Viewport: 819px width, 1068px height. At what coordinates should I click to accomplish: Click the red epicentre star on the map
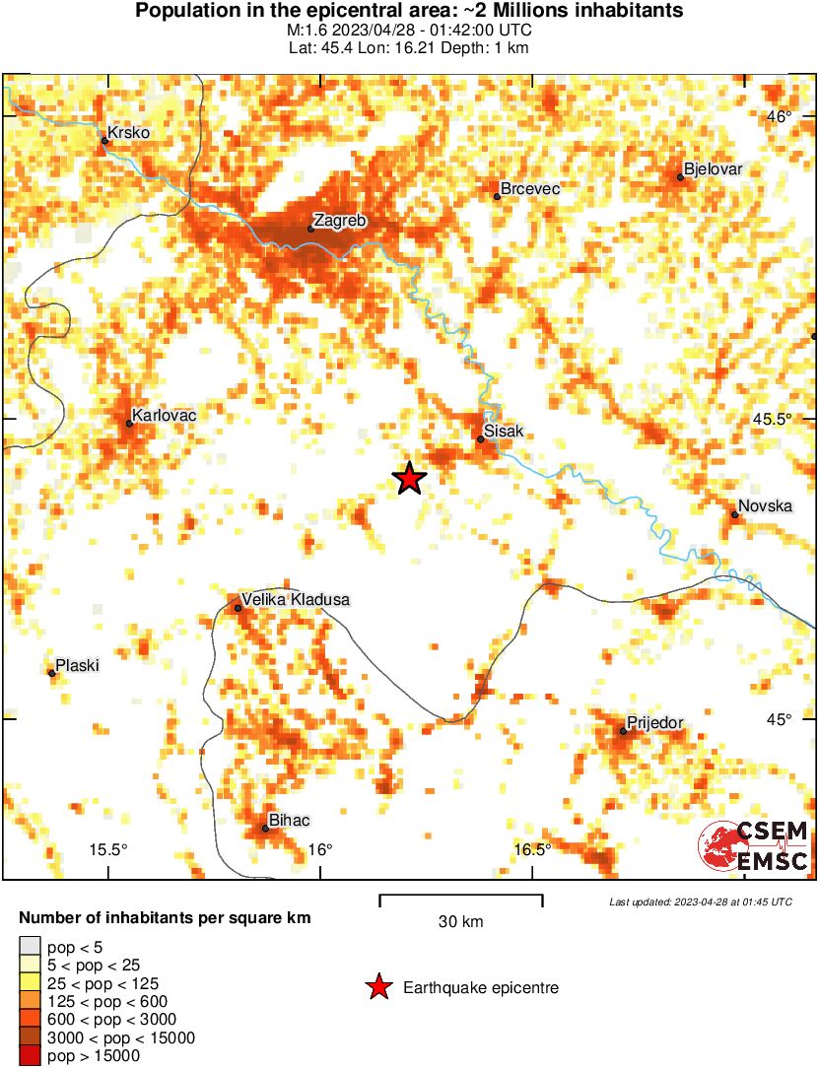pyautogui.click(x=409, y=479)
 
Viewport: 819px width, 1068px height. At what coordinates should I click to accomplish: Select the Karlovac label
pyautogui.click(x=165, y=416)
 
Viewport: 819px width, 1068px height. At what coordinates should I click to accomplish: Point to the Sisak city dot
pyautogui.click(x=480, y=439)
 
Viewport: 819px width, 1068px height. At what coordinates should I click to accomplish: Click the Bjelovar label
pyautogui.click(x=713, y=169)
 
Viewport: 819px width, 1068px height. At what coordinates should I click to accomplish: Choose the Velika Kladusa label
pyautogui.click(x=296, y=599)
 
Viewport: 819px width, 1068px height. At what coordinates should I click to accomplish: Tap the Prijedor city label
pyautogui.click(x=655, y=723)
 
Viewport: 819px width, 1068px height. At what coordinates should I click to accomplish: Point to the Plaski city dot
pyautogui.click(x=51, y=673)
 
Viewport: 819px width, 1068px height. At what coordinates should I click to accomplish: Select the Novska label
pyautogui.click(x=766, y=506)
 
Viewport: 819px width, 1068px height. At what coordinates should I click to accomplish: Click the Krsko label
pyautogui.click(x=128, y=132)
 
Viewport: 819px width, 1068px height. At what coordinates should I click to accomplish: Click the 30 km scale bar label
pyautogui.click(x=460, y=923)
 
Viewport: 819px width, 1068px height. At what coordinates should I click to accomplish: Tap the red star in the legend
pyautogui.click(x=377, y=987)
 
